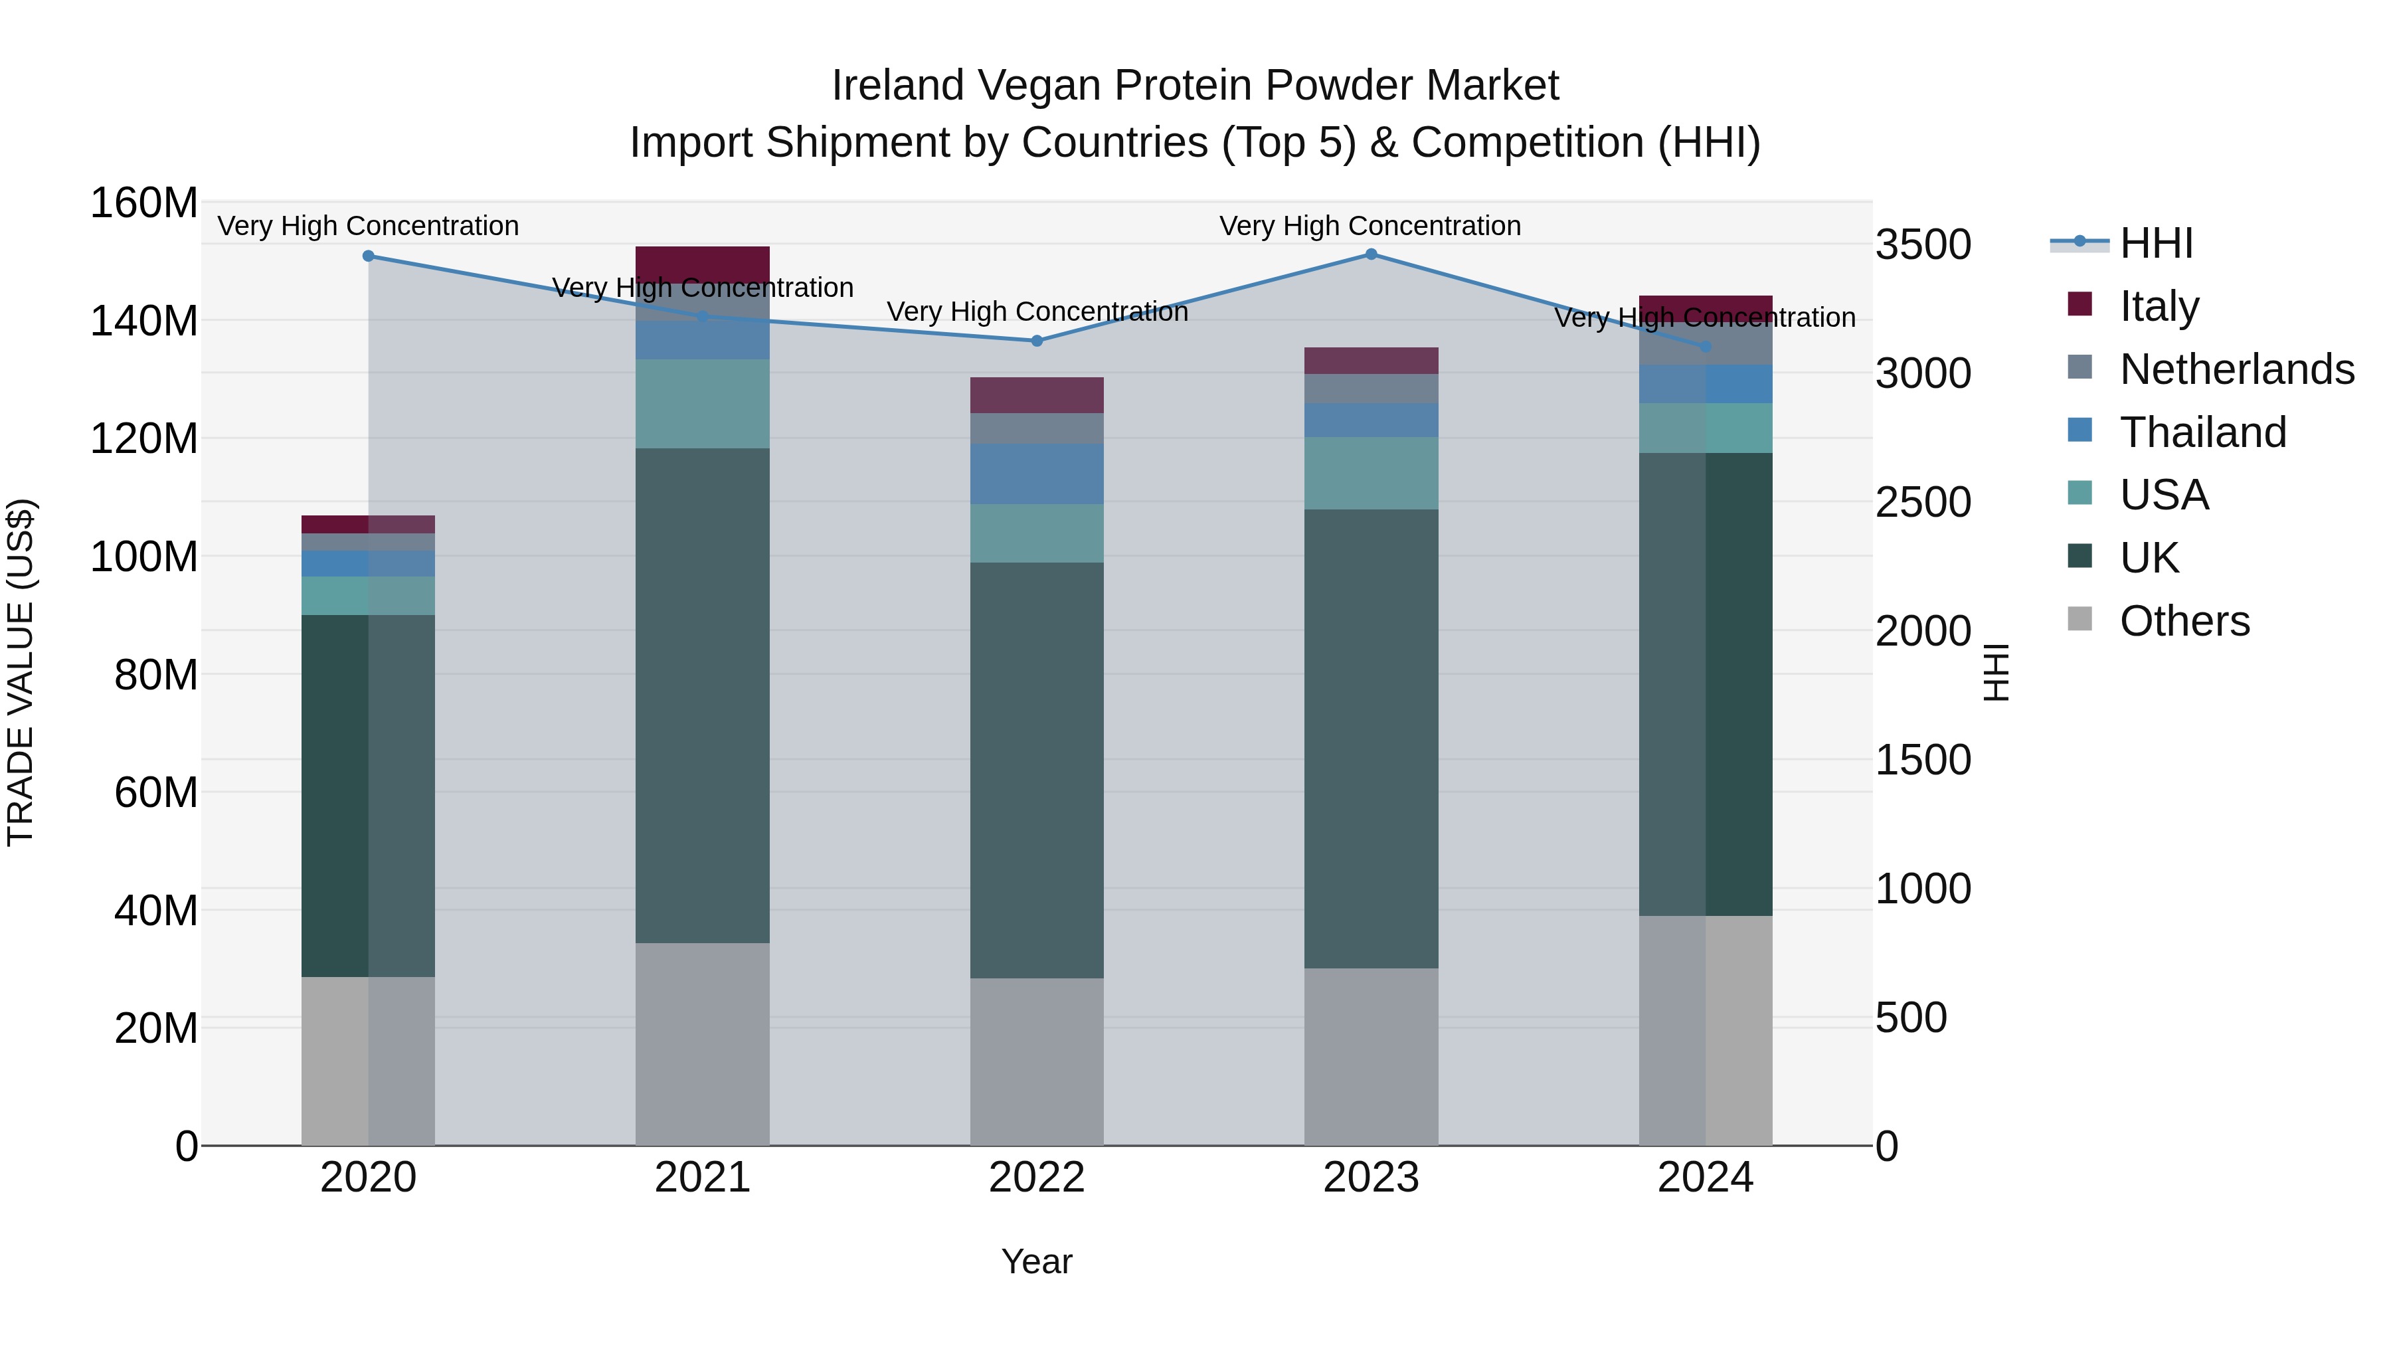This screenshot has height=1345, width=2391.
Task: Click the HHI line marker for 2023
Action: (1371, 254)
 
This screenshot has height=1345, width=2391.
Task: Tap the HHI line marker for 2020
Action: (369, 256)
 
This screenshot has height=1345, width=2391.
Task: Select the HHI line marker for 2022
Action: (1037, 341)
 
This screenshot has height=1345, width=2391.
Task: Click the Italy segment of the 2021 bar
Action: (703, 264)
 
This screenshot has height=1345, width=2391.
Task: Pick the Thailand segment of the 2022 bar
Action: (1037, 474)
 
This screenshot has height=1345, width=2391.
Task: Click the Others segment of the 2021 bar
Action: (703, 1043)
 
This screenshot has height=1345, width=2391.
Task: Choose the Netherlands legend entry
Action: (2237, 369)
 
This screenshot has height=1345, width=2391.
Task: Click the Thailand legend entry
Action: (2202, 432)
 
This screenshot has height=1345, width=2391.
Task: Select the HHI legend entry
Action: (2155, 243)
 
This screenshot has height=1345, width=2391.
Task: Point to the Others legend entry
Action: (2184, 621)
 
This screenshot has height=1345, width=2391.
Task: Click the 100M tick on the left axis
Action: (144, 557)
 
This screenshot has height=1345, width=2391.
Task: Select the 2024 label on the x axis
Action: (1705, 1178)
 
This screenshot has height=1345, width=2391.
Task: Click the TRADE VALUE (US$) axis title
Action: (21, 672)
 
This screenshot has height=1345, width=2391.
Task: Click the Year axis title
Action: (1037, 1261)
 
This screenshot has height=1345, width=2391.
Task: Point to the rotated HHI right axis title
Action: (1994, 672)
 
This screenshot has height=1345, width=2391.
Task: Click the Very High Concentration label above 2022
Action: (1037, 312)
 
